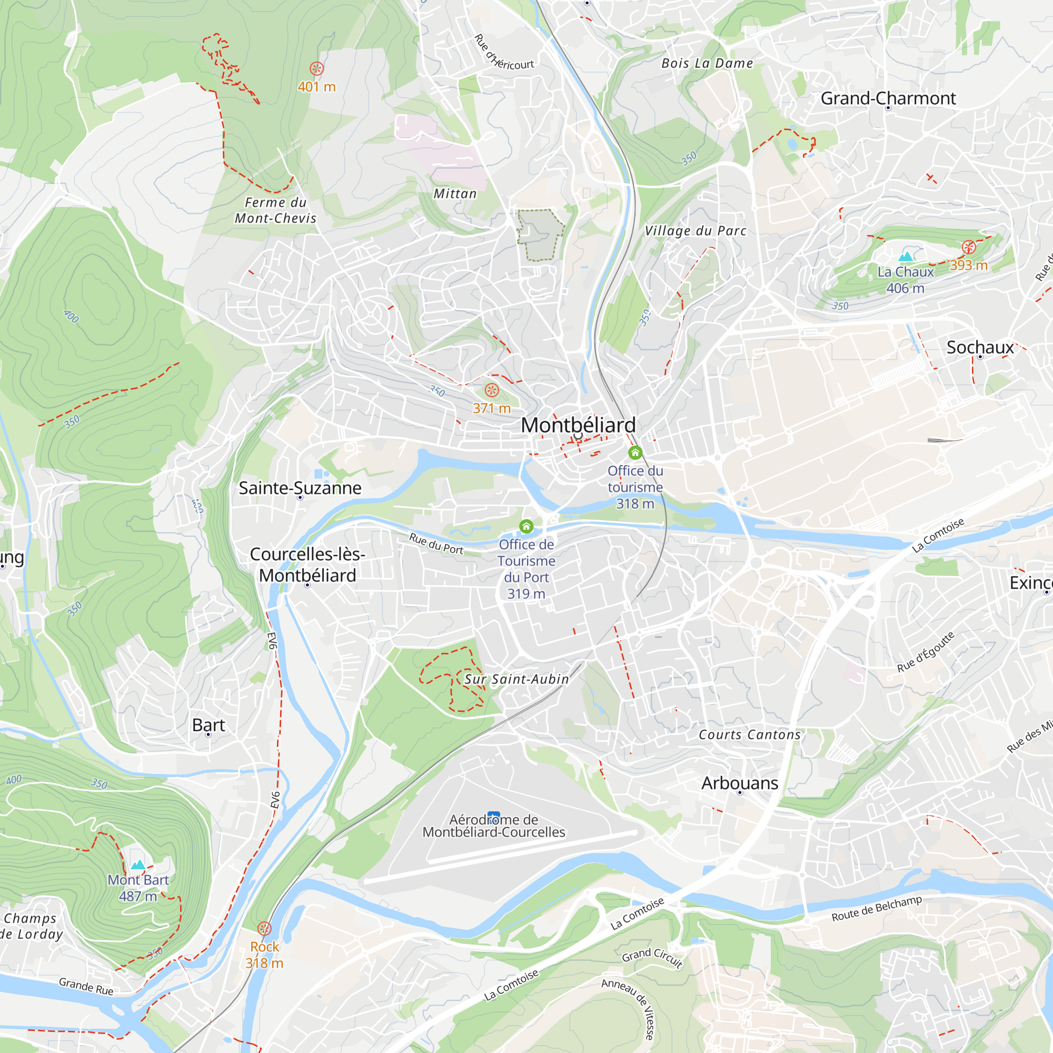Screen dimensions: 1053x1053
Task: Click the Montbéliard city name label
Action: [578, 425]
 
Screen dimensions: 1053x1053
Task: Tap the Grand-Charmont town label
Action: [888, 98]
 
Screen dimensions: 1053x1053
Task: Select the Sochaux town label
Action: [980, 347]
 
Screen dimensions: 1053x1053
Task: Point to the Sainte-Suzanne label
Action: [300, 488]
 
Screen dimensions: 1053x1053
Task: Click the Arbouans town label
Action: [740, 783]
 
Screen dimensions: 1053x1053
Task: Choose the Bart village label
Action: [208, 725]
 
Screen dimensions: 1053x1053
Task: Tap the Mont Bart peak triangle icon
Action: [138, 865]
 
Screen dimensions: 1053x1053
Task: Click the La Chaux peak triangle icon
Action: [905, 256]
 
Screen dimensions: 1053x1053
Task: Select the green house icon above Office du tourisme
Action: [635, 452]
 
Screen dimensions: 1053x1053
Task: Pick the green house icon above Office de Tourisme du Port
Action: [526, 526]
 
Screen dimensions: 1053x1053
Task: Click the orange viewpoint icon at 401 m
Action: [316, 68]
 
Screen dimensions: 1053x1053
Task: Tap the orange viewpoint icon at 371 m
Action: [492, 390]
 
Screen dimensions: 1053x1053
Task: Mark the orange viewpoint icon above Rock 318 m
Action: [264, 928]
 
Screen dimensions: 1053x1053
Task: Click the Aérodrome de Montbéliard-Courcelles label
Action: [494, 826]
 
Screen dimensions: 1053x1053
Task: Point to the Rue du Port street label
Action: [436, 544]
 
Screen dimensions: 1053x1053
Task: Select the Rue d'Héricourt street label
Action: [504, 53]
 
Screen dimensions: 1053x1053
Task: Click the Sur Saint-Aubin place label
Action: [516, 679]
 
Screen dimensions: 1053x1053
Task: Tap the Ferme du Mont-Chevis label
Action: [275, 211]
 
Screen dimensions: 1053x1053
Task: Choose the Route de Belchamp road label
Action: [877, 909]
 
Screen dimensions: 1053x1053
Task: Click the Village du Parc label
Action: [696, 231]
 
